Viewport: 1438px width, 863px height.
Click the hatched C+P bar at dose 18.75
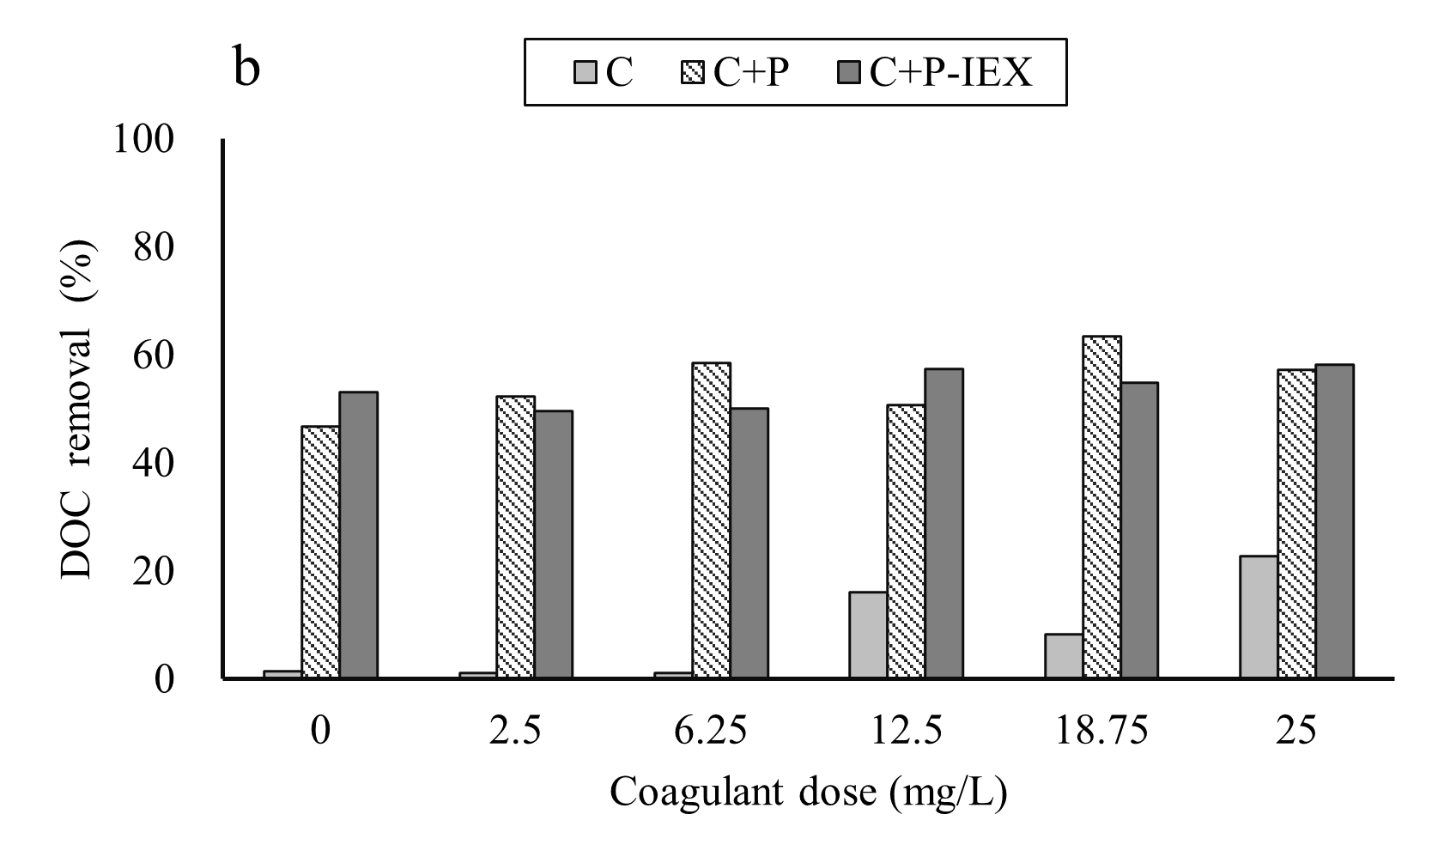pos(1101,507)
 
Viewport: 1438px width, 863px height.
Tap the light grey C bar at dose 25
pos(1259,617)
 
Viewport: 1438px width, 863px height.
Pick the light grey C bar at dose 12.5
pos(868,635)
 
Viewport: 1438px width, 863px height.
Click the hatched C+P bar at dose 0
pos(320,552)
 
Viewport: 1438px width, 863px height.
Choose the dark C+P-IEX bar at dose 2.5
pos(554,544)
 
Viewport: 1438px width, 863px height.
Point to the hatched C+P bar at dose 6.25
pos(711,520)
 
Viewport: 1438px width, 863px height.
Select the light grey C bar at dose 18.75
pos(1064,656)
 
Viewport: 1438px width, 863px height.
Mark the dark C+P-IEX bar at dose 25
pos(1335,522)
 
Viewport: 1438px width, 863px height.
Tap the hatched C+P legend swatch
pos(696,73)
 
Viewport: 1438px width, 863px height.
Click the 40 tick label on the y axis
pos(155,464)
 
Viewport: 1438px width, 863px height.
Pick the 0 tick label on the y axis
pos(165,679)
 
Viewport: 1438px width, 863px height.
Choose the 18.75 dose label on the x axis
pos(1101,732)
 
